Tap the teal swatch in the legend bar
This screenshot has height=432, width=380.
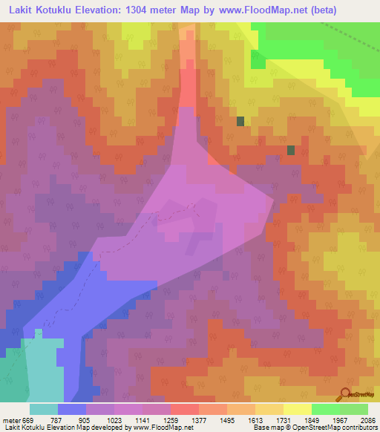pyautogui.click(x=43, y=409)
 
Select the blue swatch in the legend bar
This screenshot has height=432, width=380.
pyautogui.click(x=71, y=409)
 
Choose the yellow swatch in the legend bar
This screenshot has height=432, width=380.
pyautogui.click(x=297, y=409)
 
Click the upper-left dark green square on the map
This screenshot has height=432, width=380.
pyautogui.click(x=240, y=121)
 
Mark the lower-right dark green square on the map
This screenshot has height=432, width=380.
pyautogui.click(x=291, y=150)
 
